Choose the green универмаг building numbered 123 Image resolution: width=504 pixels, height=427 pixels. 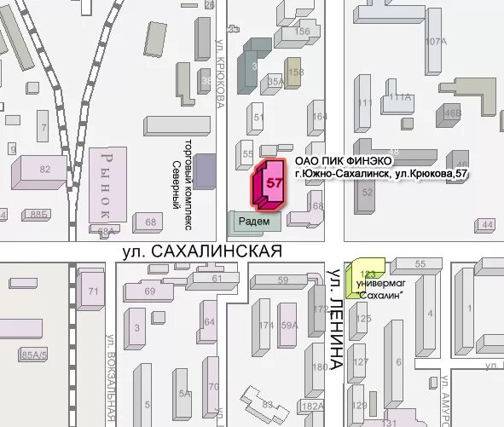click(365, 274)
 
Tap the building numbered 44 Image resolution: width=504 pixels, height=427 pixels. click(486, 224)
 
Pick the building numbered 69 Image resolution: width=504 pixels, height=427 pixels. click(150, 292)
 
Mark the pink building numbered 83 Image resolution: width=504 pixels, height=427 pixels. click(267, 402)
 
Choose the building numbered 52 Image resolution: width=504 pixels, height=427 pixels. click(368, 193)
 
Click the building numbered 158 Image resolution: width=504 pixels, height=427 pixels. click(293, 73)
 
